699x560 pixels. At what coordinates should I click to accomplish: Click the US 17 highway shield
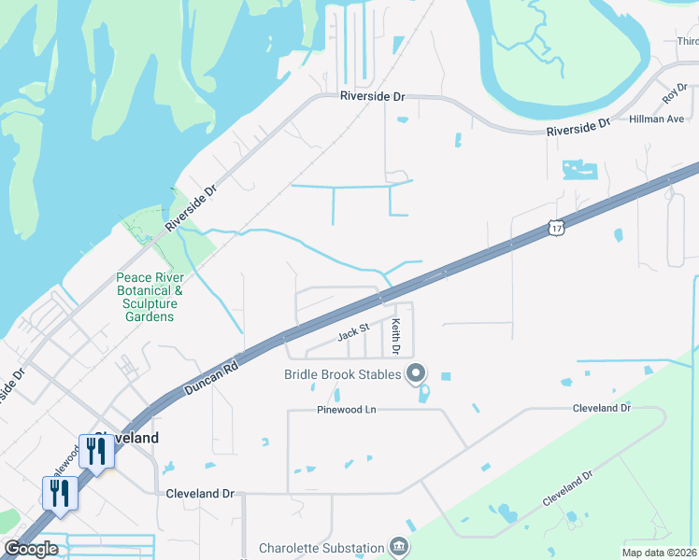(556, 228)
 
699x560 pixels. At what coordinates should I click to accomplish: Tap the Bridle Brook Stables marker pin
(416, 374)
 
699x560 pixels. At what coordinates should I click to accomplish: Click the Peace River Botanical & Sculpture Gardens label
(149, 297)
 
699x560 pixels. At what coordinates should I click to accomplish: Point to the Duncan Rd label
(212, 377)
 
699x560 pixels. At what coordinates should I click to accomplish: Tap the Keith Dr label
(395, 337)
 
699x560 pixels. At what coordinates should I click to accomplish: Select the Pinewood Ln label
(345, 410)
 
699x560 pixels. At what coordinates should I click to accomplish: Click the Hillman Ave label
(656, 119)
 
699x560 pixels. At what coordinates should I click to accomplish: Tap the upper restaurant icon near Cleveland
(96, 451)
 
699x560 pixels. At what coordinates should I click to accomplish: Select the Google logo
(31, 549)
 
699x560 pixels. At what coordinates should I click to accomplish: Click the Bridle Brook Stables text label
(342, 374)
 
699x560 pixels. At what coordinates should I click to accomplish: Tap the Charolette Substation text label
(321, 548)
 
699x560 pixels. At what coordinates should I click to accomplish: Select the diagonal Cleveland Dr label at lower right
(567, 489)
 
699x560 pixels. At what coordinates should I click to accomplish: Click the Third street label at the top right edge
(688, 41)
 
